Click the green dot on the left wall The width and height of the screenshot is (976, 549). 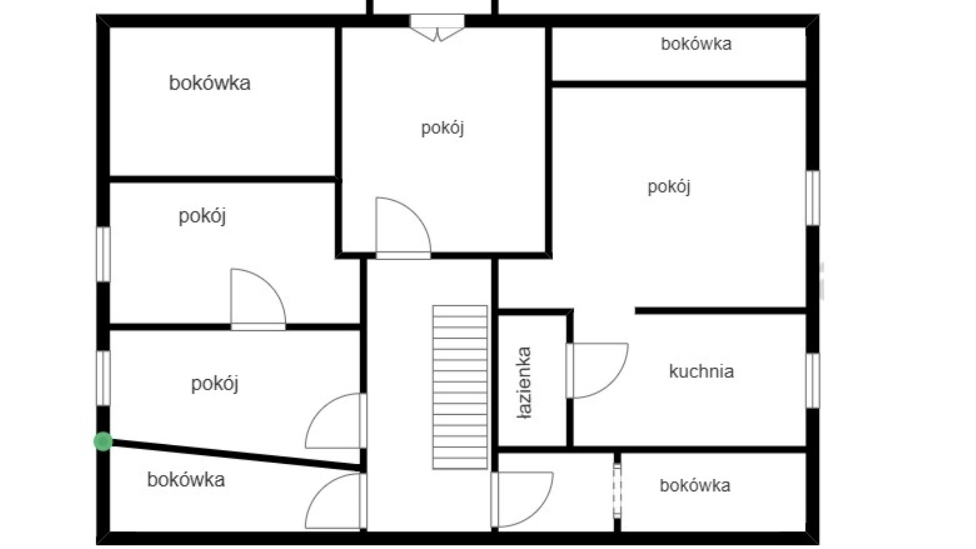pyautogui.click(x=103, y=442)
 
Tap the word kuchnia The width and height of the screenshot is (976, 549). pyautogui.click(x=701, y=372)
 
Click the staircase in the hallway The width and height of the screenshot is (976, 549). pyautogui.click(x=460, y=387)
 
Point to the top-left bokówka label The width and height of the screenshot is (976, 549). pyautogui.click(x=209, y=83)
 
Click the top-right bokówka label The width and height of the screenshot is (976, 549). pyautogui.click(x=696, y=44)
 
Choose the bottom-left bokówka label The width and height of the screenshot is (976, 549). pyautogui.click(x=186, y=480)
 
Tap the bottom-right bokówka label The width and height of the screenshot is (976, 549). pyautogui.click(x=695, y=485)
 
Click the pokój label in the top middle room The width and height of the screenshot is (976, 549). pyautogui.click(x=443, y=128)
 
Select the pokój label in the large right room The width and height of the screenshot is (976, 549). pyautogui.click(x=669, y=187)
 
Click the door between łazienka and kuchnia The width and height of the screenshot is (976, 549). pyautogui.click(x=597, y=371)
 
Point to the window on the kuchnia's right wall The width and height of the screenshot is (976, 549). pyautogui.click(x=813, y=380)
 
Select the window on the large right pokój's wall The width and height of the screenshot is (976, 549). pyautogui.click(x=813, y=198)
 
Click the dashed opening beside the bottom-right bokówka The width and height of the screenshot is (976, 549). pyautogui.click(x=617, y=491)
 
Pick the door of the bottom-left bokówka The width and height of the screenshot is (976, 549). pyautogui.click(x=336, y=501)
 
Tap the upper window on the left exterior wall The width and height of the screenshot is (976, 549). pyautogui.click(x=103, y=254)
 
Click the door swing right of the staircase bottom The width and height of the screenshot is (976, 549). pyautogui.click(x=522, y=500)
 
